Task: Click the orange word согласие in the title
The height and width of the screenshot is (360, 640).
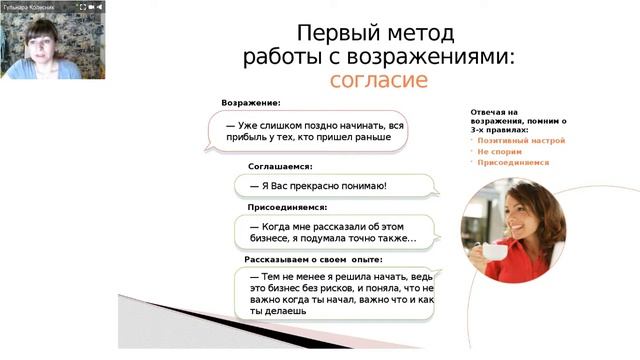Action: (x=378, y=80)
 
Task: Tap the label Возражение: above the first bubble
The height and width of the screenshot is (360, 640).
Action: (x=251, y=103)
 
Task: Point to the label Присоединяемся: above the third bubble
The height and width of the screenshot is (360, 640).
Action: (x=287, y=206)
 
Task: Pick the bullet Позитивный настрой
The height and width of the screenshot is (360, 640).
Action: (x=521, y=141)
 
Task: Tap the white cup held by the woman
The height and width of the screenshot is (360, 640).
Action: (x=494, y=251)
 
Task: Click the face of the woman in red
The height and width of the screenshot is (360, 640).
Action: (x=523, y=207)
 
